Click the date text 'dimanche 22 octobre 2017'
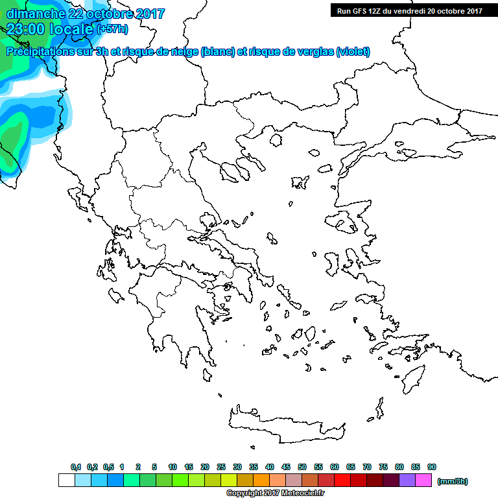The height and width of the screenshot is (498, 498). pos(86,14)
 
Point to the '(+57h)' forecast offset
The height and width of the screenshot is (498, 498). pos(112,29)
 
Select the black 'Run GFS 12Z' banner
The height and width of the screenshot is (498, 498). pos(409,10)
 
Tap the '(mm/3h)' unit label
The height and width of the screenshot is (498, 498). pos(452,481)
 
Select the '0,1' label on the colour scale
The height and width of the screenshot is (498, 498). pos(76,467)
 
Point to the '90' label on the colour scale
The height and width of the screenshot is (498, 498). pos(432,467)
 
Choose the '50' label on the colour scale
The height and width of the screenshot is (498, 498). pos(302,467)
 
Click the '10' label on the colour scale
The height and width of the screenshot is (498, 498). pos(172,467)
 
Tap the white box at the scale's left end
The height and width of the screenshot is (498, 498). pos(66,480)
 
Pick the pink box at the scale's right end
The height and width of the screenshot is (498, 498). pos(423,480)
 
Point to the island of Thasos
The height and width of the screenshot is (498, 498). pos(276,140)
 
